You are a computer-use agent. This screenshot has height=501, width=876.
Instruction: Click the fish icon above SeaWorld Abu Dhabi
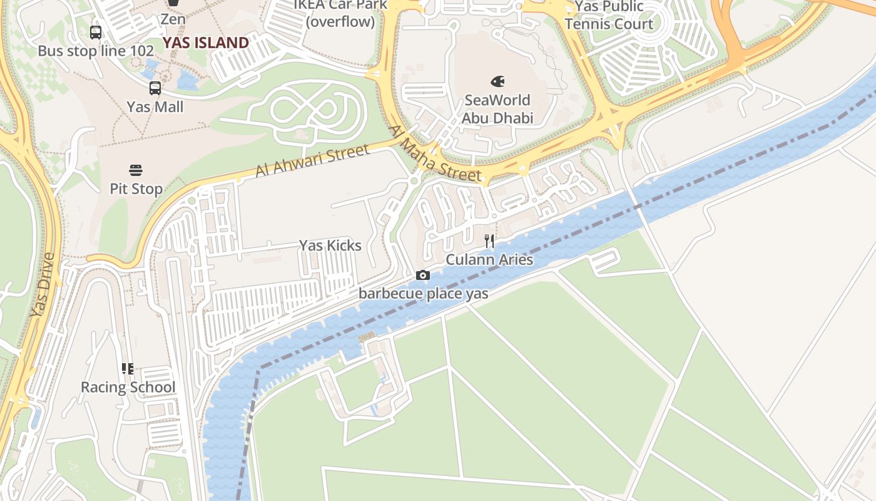coord(497,81)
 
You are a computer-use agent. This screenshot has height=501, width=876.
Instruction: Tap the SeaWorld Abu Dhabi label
coord(497,109)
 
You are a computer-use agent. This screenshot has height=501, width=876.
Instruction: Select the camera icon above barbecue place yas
coord(423,276)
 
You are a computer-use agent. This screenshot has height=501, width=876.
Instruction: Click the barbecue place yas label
coord(423,293)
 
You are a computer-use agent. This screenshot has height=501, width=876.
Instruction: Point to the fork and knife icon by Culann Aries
coord(489,241)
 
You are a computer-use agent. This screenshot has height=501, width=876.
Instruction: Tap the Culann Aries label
coord(489,259)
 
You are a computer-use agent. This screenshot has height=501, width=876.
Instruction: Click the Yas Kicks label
coord(330,245)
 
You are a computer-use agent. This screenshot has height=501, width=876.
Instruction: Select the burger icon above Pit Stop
coord(136,170)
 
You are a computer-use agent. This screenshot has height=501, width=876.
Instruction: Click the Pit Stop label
coord(136,189)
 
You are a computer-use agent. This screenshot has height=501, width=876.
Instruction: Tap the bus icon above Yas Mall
coord(155,88)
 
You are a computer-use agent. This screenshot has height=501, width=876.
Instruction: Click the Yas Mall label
coord(155,107)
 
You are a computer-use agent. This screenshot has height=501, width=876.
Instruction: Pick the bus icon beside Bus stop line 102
coord(96,33)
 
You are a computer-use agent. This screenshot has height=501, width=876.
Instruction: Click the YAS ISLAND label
coord(206,43)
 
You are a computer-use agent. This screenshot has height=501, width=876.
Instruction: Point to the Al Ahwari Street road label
coord(312,161)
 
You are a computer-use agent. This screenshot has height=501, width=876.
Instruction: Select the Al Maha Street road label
coord(436,155)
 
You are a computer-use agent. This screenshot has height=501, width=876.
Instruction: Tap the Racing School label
coord(128,387)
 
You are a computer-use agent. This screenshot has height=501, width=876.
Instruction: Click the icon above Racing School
coord(128,369)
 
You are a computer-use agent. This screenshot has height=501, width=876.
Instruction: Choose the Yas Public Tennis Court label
coord(609,15)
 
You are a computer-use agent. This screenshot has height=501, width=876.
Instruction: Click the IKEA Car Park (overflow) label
coord(340,13)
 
